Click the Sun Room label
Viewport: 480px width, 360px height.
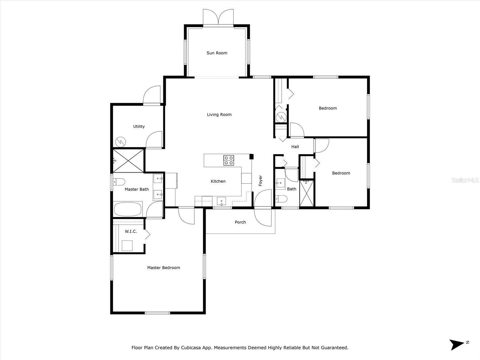tap(217, 53)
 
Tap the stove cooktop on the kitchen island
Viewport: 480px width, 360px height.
tap(229, 160)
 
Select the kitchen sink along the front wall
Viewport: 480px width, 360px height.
tap(221, 201)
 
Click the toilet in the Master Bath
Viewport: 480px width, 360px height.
tap(119, 181)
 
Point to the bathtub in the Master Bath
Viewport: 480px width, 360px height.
tap(128, 209)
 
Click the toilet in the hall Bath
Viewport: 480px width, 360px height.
tap(281, 199)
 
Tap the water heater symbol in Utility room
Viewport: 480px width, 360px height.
tap(121, 141)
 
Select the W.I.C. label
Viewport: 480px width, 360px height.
tap(131, 232)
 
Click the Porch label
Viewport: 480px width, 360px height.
tap(240, 222)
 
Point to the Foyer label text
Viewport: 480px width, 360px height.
tap(260, 181)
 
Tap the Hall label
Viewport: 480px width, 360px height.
tap(295, 147)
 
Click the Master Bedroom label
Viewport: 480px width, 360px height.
tap(163, 268)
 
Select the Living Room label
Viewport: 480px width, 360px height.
tap(219, 115)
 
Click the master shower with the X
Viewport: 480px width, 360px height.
tap(128, 161)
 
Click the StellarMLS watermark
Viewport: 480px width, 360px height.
tap(465, 180)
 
